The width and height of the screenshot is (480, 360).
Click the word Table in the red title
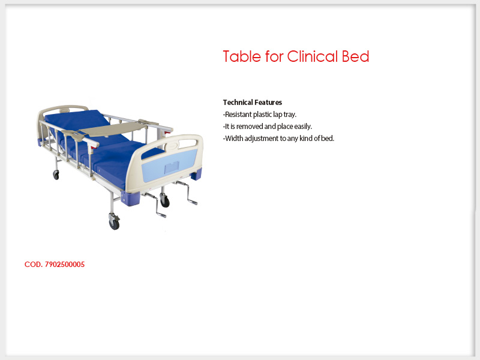242,56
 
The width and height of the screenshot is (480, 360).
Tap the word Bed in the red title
355,56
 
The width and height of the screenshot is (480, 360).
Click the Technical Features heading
252,102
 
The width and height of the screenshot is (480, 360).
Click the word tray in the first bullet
290,115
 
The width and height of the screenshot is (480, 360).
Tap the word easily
303,127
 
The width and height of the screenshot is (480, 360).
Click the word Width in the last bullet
234,139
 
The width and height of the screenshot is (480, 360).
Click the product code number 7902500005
65,265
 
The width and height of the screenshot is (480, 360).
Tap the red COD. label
34,265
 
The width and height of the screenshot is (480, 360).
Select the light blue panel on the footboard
170,166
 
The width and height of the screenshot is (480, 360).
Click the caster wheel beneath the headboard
56,175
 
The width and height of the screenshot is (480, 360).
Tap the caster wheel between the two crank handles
165,201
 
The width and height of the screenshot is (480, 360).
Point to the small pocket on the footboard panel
172,167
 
